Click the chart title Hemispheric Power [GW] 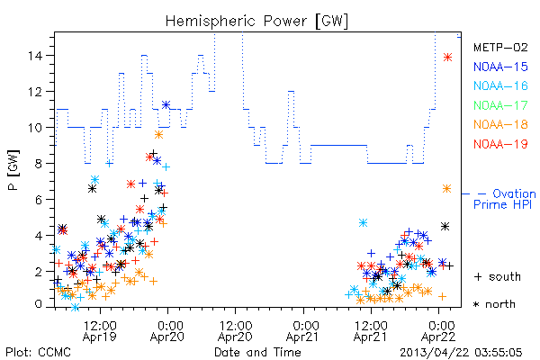pos(256,21)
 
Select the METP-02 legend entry pos(500,48)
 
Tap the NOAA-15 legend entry pos(500,67)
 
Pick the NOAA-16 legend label pos(500,85)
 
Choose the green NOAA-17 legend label pos(500,105)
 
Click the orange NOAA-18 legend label pos(500,124)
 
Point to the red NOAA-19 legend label pos(500,144)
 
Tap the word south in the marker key pos(505,276)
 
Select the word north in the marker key pos(500,304)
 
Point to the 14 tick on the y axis pos(36,56)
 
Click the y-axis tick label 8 pos(39,163)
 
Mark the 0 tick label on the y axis pos(39,304)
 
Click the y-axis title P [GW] pos(14,170)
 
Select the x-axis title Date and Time pos(257,352)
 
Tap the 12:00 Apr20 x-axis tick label pos(236,331)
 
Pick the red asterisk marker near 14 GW pos(447,58)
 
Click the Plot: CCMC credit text pos(38,352)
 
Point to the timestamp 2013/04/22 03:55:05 pos(461,352)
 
